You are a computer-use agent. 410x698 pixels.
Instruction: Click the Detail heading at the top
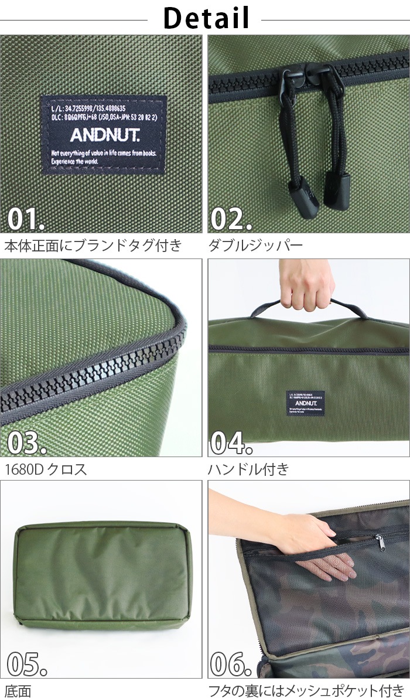[206, 18]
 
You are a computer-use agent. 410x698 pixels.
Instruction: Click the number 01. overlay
[25, 219]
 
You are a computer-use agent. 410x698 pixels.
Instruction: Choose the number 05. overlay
[26, 663]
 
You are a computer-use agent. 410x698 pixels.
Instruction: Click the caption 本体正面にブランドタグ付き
[93, 245]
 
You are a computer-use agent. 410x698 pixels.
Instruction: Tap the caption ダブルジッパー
[255, 245]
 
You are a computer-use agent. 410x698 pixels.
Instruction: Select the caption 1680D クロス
[46, 469]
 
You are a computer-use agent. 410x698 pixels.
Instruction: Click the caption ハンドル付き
[248, 469]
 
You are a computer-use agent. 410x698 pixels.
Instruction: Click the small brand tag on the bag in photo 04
[305, 403]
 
